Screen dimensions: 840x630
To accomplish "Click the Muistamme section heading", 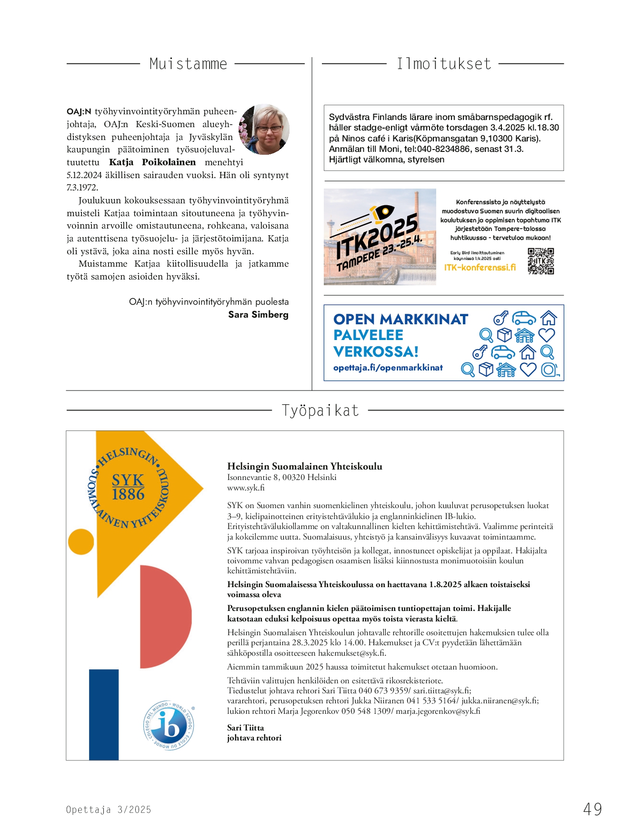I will [188, 64].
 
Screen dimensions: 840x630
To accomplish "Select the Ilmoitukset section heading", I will [444, 64].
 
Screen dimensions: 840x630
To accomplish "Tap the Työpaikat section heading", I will [320, 410].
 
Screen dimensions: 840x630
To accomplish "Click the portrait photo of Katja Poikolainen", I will [264, 130].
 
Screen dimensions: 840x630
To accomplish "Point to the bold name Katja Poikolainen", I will [152, 162].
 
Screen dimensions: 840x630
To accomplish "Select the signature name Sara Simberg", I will [258, 315].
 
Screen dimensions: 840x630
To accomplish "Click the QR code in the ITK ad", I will [540, 261].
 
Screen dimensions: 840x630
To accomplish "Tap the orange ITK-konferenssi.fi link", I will [480, 268].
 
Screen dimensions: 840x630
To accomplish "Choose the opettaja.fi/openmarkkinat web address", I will [388, 368].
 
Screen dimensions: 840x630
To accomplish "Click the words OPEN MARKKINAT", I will [400, 320].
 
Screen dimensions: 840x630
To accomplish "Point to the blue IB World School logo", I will [169, 725].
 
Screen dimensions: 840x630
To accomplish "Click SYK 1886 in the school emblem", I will [128, 488].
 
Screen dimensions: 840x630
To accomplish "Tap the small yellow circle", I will [81, 542].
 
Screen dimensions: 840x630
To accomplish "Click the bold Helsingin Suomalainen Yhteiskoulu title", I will [304, 467].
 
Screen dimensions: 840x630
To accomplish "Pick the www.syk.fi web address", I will [246, 488].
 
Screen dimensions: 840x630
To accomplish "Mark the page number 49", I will [592, 809].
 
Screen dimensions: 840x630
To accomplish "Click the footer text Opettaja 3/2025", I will [109, 810].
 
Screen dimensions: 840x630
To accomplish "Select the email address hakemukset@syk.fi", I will [352, 653].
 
